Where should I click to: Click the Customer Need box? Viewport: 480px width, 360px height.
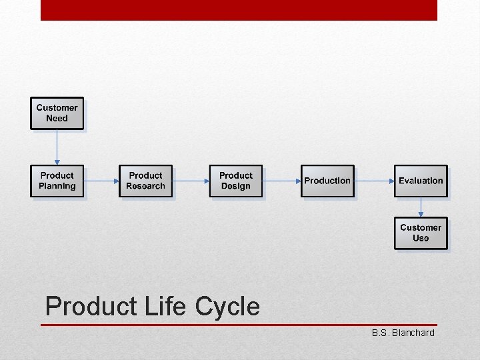[x=57, y=113]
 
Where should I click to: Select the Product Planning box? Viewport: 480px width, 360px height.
[x=57, y=181]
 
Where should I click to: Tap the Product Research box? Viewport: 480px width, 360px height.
[x=145, y=181]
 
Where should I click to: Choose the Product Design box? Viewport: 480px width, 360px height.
[x=235, y=181]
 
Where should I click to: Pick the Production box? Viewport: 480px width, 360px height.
[x=327, y=181]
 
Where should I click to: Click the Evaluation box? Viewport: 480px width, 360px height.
[x=420, y=181]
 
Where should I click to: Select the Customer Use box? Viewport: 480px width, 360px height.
[x=420, y=233]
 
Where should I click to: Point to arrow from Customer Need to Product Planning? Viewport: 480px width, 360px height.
[x=57, y=147]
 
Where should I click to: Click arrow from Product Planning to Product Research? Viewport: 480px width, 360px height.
[x=101, y=181]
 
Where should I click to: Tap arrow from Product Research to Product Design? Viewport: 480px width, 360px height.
[x=191, y=181]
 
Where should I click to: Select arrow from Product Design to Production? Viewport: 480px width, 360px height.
[x=281, y=181]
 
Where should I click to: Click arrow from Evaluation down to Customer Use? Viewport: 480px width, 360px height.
[x=420, y=207]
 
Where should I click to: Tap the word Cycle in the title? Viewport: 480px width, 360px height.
[x=227, y=307]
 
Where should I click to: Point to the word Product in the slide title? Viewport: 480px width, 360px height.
[x=91, y=307]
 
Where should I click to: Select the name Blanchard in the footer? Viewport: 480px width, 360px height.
[x=413, y=333]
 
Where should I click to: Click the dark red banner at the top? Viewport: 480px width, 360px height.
[x=239, y=10]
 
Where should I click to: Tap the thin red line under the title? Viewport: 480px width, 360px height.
[x=239, y=325]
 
